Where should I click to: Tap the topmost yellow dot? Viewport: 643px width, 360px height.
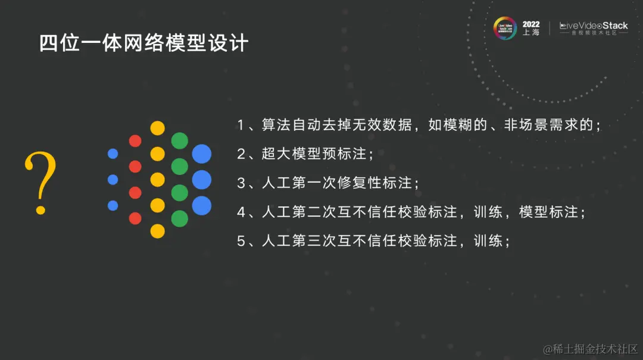(x=157, y=128)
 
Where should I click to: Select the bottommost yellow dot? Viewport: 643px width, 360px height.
(x=157, y=231)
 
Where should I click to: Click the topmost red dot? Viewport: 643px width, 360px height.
(x=135, y=141)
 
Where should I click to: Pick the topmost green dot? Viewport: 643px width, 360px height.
(x=179, y=141)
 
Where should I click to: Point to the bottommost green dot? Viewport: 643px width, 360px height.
(x=179, y=218)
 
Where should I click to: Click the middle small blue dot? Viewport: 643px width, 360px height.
(x=113, y=179)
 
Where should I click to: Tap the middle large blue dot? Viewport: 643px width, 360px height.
(x=202, y=179)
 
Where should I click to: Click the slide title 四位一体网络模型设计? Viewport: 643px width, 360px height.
(x=143, y=43)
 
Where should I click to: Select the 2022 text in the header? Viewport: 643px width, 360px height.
(x=531, y=24)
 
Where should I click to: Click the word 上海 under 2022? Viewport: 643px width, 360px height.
(x=531, y=33)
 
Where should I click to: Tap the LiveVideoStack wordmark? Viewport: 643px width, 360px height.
(x=594, y=26)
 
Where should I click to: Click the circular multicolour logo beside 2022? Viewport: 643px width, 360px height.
(x=505, y=28)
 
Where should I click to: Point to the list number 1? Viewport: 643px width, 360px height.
(x=241, y=126)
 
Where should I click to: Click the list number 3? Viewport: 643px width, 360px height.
(x=241, y=183)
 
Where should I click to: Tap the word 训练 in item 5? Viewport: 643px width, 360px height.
(x=488, y=241)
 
